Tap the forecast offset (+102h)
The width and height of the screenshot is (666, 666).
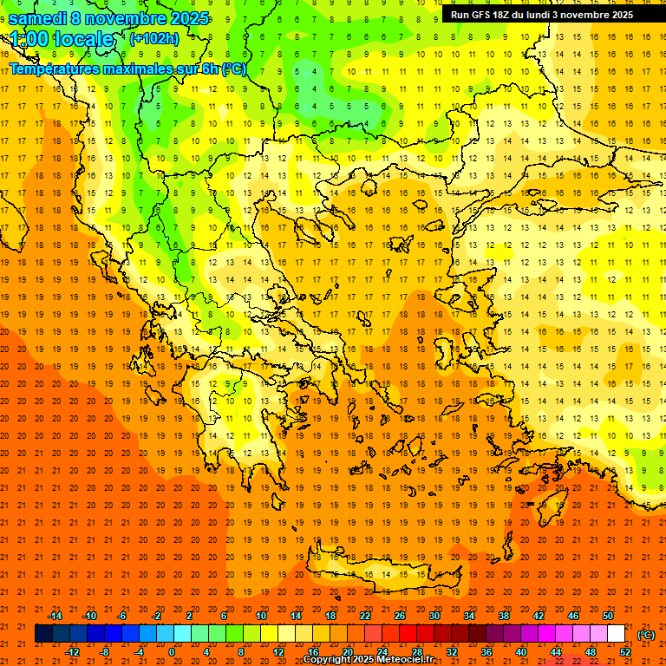coord(153,39)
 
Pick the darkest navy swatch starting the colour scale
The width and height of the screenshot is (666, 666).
coord(43,634)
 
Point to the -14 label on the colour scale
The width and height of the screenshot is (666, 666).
coord(55,616)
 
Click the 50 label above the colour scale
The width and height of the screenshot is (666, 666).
coord(608,616)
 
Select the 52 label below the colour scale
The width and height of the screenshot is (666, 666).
coord(625,652)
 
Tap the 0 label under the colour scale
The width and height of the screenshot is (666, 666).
coord(172,652)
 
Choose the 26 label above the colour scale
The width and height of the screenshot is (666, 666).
coord(400,616)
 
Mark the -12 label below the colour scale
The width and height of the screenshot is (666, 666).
coord(72,652)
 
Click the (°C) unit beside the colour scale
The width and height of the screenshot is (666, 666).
coord(646,635)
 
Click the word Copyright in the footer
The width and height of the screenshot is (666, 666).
coord(328,660)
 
